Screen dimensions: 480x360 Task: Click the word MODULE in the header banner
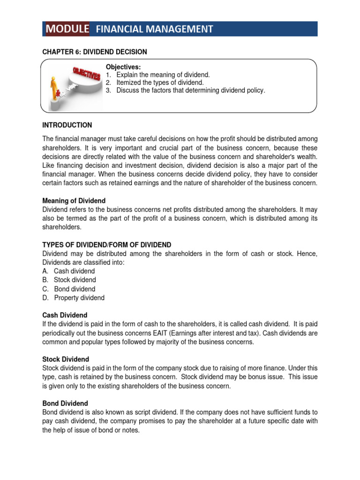tap(67, 29)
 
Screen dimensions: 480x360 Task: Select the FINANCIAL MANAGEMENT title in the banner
tap(154, 30)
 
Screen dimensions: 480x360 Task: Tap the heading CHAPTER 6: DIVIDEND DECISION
tap(95, 52)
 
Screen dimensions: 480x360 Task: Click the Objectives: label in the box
tap(123, 67)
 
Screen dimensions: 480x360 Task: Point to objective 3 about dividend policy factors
tap(185, 90)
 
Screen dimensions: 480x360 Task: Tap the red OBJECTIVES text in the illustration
tap(86, 74)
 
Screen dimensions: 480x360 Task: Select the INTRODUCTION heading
tap(67, 125)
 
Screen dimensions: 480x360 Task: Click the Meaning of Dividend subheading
tap(74, 201)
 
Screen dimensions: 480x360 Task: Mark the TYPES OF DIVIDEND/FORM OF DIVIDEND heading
tap(107, 245)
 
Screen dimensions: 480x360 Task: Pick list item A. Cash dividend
tap(68, 271)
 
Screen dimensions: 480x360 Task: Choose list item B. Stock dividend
tap(69, 280)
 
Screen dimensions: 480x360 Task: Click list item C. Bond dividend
tap(68, 289)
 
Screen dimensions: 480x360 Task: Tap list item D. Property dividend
tap(73, 298)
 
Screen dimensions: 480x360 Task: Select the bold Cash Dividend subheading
tap(65, 315)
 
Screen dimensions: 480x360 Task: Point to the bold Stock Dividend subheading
tap(65, 359)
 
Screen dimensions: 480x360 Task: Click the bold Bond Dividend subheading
tap(65, 403)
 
